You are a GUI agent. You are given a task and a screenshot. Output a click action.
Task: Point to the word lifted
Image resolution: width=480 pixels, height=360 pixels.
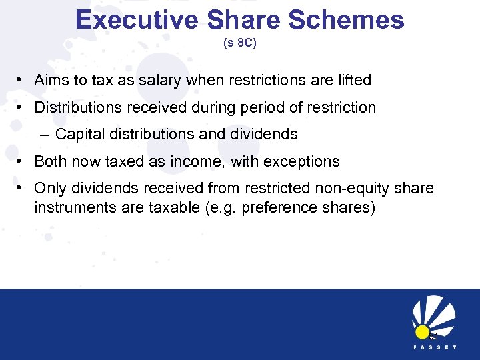click(351, 81)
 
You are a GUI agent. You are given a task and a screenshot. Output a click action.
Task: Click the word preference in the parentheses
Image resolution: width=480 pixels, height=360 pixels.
click(275, 207)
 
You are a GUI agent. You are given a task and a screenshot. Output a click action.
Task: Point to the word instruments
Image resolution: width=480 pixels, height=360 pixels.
click(72, 207)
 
